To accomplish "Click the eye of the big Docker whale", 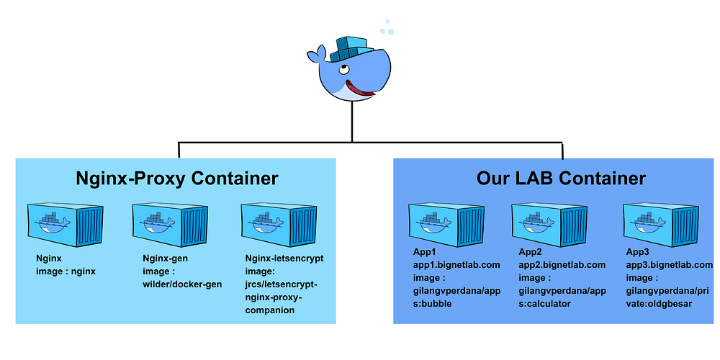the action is coord(344,70).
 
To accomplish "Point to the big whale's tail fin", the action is coord(316,54).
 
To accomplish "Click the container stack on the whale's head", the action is coord(351,49).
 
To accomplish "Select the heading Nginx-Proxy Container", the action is coord(177,178).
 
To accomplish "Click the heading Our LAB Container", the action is coord(561,178).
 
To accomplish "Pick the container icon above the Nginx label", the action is coord(66,225).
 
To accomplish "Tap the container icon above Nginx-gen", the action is coord(171,225).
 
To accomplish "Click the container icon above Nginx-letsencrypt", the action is coord(279,225).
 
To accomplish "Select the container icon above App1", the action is coord(446,225).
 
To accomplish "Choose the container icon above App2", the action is coord(549,225).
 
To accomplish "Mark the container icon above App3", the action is coord(661,225).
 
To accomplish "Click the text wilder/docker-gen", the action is coord(182,284).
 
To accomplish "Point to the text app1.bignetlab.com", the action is coord(456,265).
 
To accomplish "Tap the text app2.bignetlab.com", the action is coord(562,265).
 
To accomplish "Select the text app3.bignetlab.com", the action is coord(670,265).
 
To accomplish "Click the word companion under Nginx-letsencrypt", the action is coord(269,311).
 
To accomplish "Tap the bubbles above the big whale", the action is coord(387,29).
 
